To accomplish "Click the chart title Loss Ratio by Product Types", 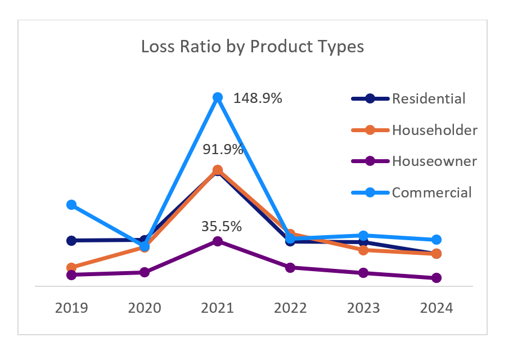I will (253, 47).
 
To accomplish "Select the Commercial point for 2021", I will (218, 97).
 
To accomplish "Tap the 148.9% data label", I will (257, 98).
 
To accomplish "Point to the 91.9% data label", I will (223, 150).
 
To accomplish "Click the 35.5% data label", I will (222, 227).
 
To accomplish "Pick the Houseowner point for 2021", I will (218, 241).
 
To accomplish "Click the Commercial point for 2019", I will (71, 205).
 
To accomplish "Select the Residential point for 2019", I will (71, 241).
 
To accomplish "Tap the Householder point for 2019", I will (71, 268).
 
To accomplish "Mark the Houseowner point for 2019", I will (71, 275).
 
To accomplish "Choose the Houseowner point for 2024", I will (436, 278).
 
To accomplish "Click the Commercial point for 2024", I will (436, 240).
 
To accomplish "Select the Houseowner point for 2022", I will (290, 268).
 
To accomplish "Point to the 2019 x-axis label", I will (71, 308).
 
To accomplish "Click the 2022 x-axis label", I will (290, 308).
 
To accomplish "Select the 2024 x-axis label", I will (436, 308).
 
